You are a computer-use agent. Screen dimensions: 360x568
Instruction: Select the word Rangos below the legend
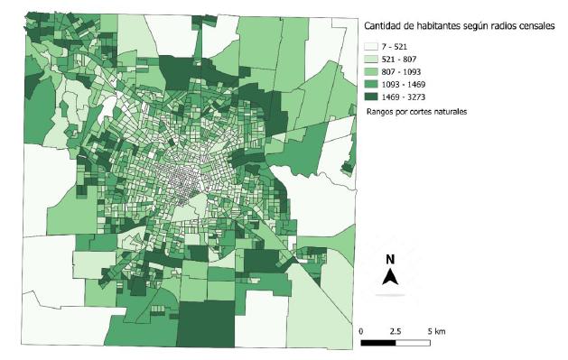pos(381,111)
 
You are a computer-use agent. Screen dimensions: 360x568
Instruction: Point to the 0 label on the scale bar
pos(361,331)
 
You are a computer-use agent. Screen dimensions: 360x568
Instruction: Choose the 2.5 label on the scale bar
pos(396,331)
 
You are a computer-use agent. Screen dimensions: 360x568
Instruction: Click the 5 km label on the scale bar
pos(434,331)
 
